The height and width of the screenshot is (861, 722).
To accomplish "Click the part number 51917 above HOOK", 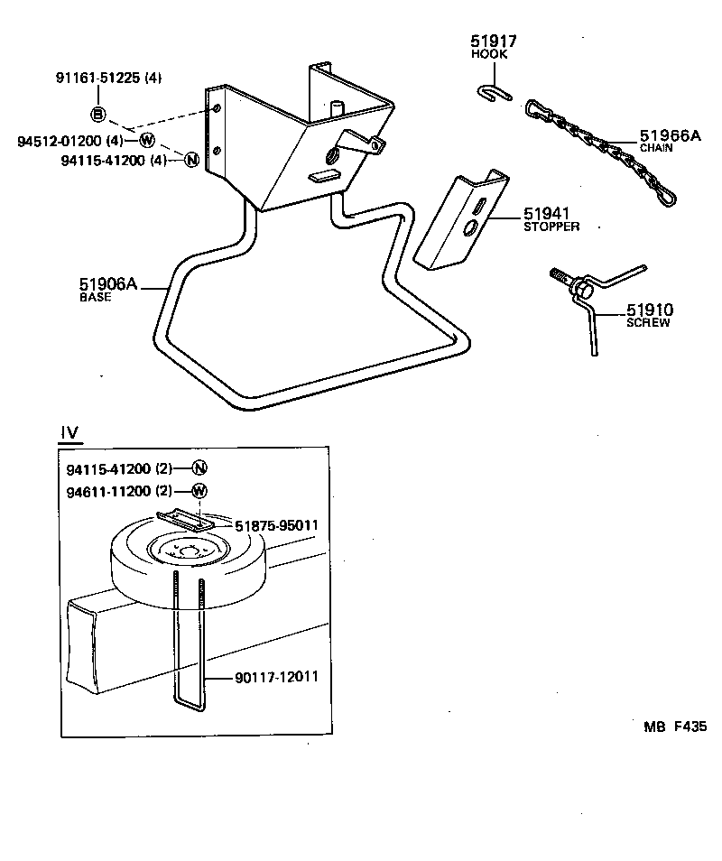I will [x=493, y=41].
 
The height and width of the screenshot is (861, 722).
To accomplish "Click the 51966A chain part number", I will [x=670, y=135].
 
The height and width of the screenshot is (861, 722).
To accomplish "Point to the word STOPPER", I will [x=551, y=227].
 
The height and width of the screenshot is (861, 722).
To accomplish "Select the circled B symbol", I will [x=98, y=114].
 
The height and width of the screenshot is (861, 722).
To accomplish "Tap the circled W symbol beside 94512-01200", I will [x=147, y=141].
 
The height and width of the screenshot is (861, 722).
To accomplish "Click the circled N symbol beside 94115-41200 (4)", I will [x=190, y=160].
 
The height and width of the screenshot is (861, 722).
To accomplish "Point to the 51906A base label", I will [x=108, y=285].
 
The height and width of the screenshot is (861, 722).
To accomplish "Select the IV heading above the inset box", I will [x=69, y=433].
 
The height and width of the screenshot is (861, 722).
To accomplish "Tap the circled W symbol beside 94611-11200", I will [x=199, y=491].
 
